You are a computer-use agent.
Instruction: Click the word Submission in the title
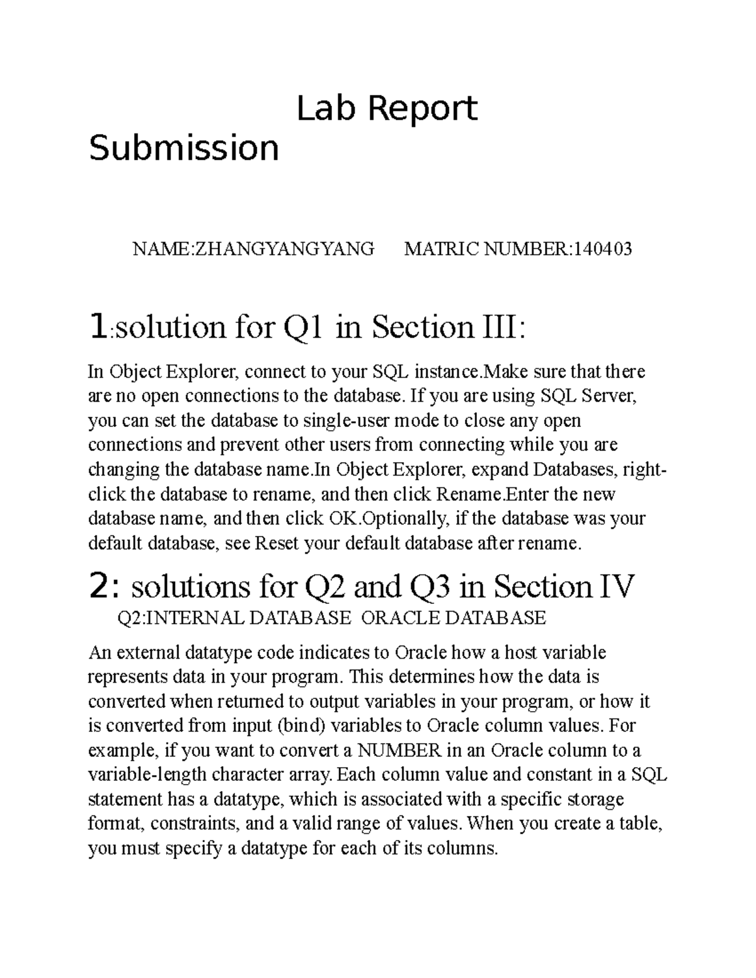(x=183, y=149)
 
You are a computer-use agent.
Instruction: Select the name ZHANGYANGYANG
(x=283, y=249)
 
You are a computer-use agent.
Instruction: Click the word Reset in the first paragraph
(x=277, y=543)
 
